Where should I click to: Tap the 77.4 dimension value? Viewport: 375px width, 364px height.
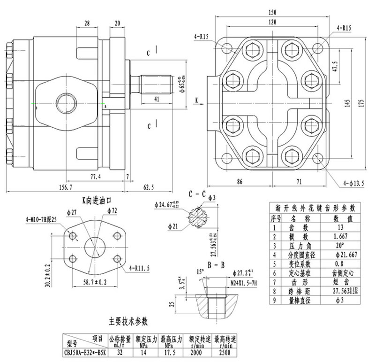[x=96, y=177]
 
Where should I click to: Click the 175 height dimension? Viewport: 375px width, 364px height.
[x=361, y=104]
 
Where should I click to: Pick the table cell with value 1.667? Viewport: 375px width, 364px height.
[x=339, y=236]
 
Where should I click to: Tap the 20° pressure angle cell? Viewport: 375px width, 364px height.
[x=339, y=245]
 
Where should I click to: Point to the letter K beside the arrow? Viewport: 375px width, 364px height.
[x=195, y=100]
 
